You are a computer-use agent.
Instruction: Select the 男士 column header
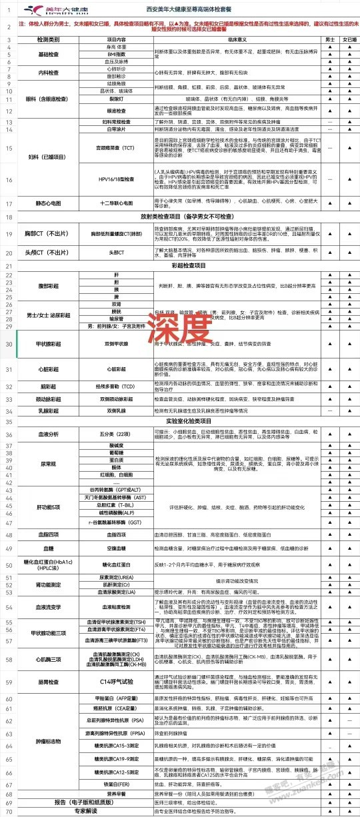click(331, 40)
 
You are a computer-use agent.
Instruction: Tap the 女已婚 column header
click(349, 40)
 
